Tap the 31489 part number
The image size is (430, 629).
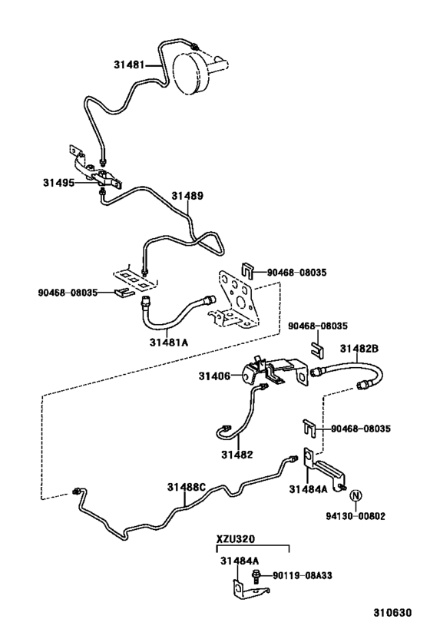tap(187, 196)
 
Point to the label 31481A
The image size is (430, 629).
tap(169, 342)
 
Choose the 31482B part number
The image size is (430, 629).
tap(359, 348)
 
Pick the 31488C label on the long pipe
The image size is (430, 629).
tap(187, 487)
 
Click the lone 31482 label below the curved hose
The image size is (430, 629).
tap(238, 455)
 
